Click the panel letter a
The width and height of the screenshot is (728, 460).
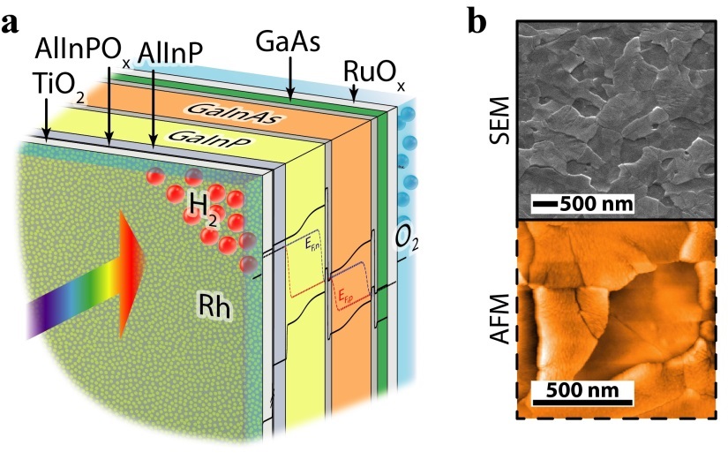tap(13, 24)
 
